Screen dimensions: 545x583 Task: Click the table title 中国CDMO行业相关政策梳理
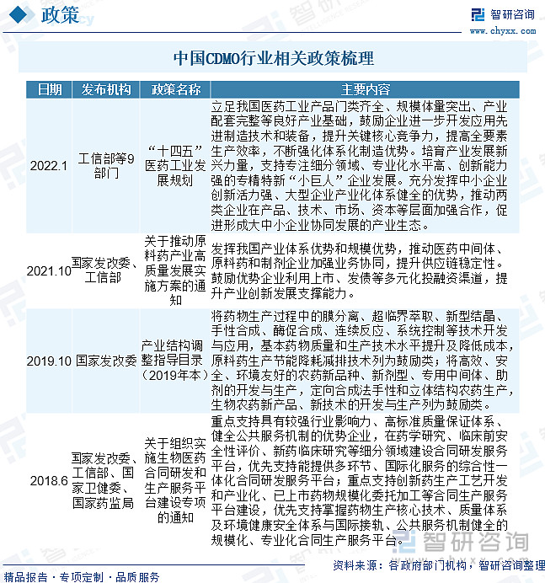tap(272, 59)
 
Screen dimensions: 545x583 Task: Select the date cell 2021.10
tap(48, 270)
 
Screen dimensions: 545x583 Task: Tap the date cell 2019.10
tap(48, 360)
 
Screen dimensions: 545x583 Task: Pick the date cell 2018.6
tap(48, 479)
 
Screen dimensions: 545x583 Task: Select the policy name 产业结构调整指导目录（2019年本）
tap(175, 360)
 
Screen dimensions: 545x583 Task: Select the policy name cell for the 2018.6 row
tap(175, 479)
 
